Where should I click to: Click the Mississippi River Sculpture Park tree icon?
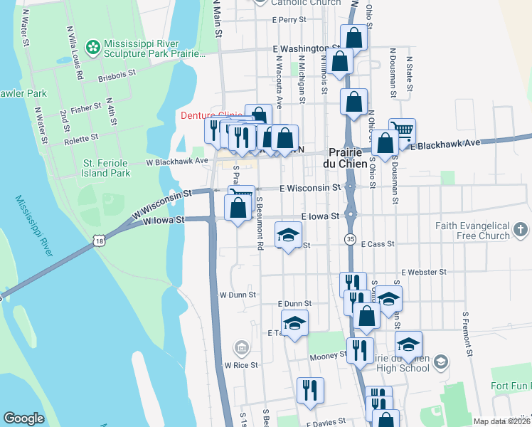(92, 48)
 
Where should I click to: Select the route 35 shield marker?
(350, 238)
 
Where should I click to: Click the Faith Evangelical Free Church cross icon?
(521, 230)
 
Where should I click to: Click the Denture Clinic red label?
(211, 115)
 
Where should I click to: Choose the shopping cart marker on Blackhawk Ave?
(402, 130)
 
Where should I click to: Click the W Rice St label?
(240, 365)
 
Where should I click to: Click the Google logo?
(23, 418)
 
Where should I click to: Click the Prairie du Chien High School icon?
(440, 362)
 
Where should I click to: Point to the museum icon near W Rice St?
(241, 348)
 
